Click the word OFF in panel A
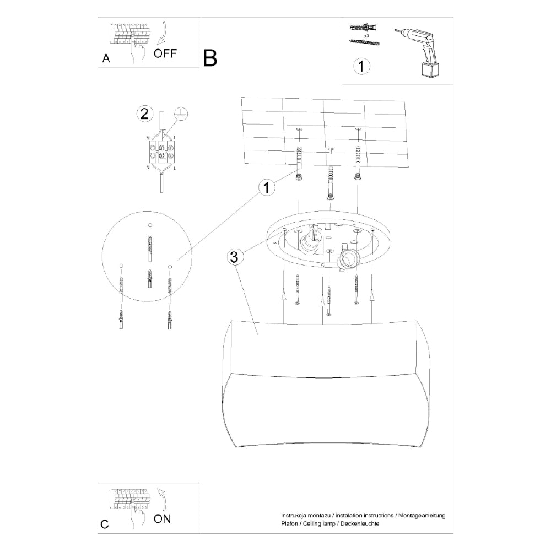[x=166, y=53]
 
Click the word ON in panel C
[x=162, y=518]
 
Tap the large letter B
[x=210, y=58]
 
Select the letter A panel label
[x=106, y=58]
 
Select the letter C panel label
[x=105, y=524]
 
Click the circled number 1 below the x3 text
[x=361, y=67]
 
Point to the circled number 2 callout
[x=144, y=114]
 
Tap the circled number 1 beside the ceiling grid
[x=267, y=188]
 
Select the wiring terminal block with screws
[x=161, y=150]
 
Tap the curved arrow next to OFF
[x=161, y=33]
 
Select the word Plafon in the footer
[x=289, y=524]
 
